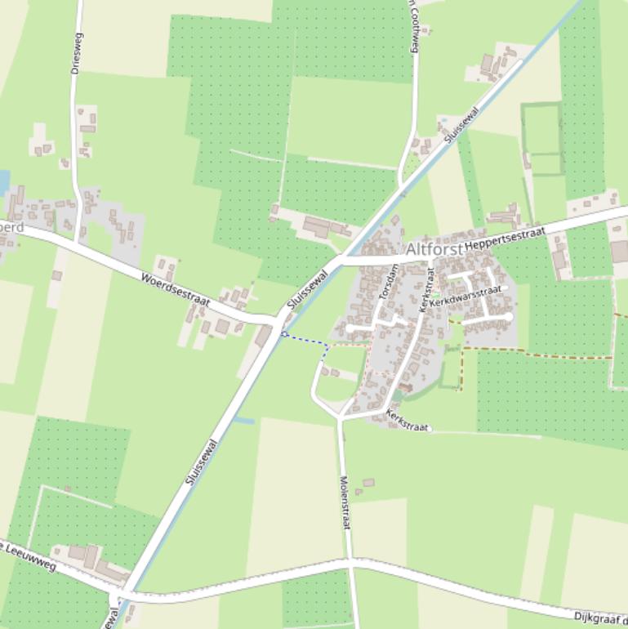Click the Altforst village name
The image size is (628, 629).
(434, 248)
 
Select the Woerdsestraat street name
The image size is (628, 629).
(175, 290)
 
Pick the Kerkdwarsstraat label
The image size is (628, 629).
(465, 295)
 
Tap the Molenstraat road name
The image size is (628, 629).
(345, 502)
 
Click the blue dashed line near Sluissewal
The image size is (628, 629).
(305, 340)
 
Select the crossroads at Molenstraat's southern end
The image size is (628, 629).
(350, 563)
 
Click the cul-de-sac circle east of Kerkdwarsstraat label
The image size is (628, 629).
(508, 316)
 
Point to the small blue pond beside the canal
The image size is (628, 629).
(244, 421)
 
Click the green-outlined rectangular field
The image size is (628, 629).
(542, 139)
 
